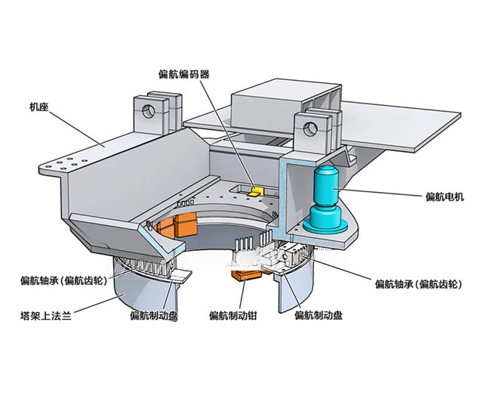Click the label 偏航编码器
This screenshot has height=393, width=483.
pos(183,73)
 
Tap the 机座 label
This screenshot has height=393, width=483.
pos(38,107)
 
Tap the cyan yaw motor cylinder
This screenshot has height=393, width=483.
pos(324,189)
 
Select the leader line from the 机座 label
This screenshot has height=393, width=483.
pos(75,125)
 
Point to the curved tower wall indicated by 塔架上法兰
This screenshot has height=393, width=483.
pos(136,291)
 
